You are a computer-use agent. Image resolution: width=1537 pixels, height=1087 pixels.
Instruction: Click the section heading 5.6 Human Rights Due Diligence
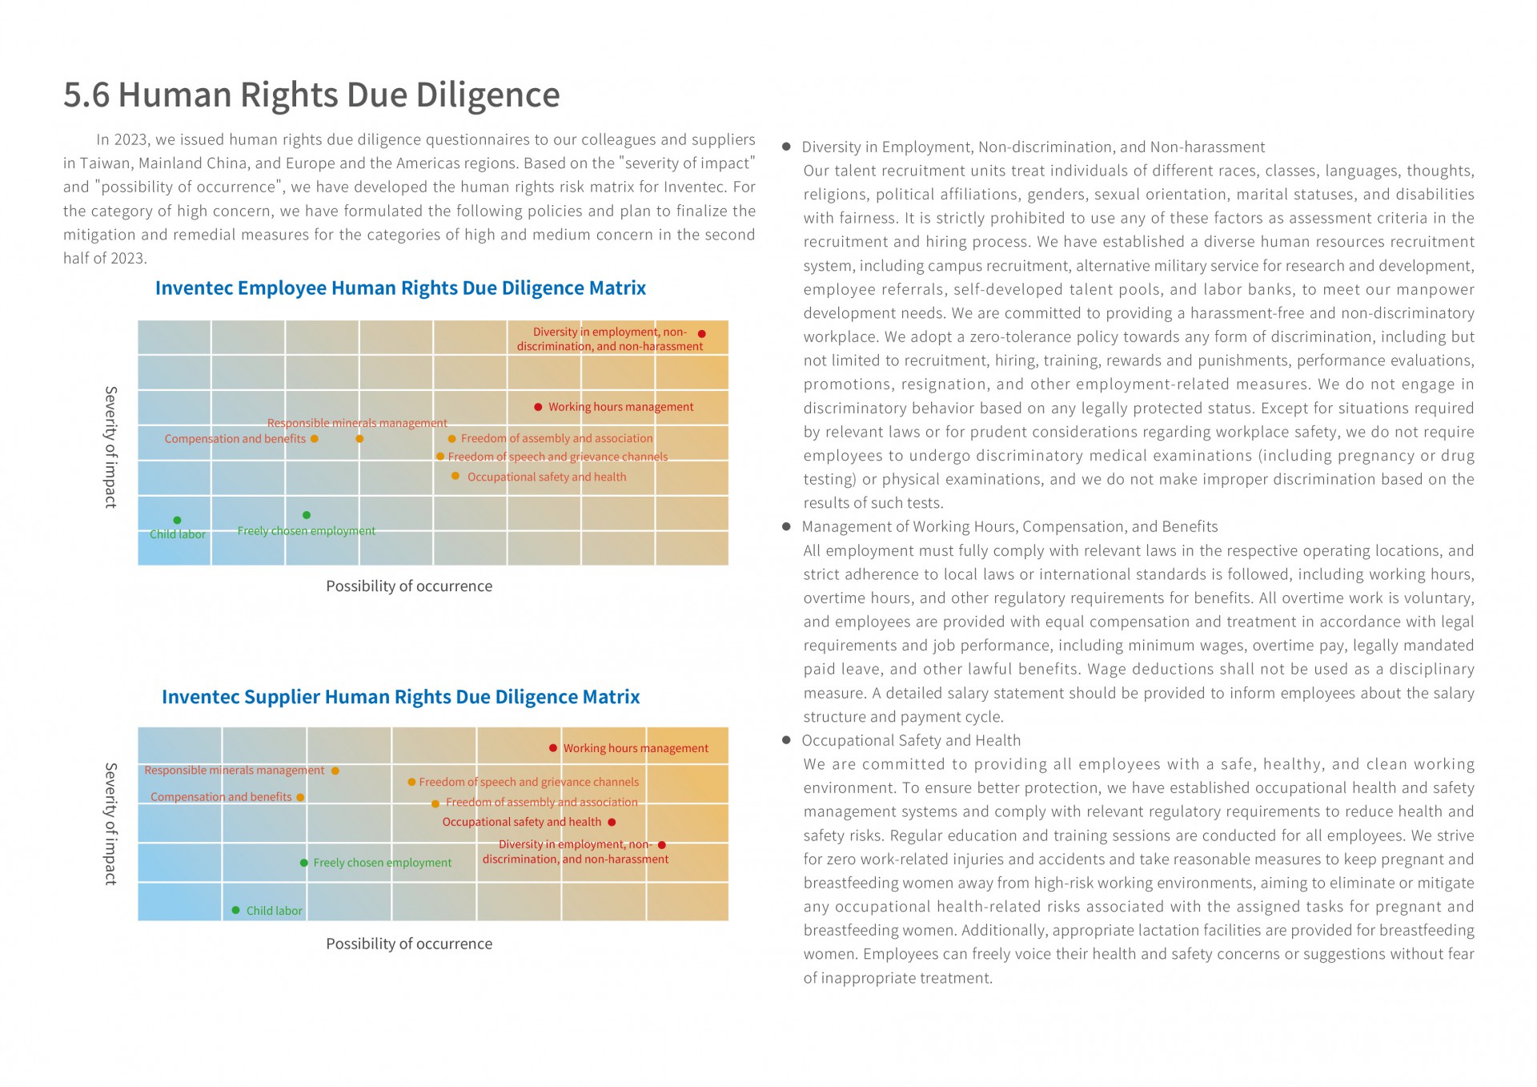tap(311, 95)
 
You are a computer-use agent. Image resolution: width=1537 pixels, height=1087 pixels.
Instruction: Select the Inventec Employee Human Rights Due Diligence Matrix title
tap(400, 288)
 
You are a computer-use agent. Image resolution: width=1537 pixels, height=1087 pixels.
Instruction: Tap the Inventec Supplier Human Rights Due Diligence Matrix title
tap(400, 697)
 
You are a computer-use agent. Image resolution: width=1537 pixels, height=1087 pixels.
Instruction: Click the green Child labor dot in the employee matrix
tap(177, 521)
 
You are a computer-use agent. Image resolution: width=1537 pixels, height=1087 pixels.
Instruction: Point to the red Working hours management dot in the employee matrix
tap(538, 407)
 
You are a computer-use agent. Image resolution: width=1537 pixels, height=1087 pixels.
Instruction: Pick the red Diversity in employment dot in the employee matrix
tap(702, 334)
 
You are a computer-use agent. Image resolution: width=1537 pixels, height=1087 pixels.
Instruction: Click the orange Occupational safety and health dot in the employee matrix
tap(455, 476)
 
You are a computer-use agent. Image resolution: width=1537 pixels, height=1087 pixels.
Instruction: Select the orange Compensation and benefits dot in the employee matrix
tap(315, 439)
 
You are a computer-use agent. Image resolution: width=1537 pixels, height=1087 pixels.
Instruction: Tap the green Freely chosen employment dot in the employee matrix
tap(307, 515)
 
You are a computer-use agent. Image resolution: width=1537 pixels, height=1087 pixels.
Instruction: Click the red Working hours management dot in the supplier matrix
tap(553, 748)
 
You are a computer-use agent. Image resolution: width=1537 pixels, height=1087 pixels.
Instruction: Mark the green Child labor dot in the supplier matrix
tap(235, 910)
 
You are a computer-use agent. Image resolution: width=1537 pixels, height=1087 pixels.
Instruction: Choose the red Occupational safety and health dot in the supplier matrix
tap(612, 822)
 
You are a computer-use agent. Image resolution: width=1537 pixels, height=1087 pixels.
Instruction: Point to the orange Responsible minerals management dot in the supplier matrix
tap(335, 771)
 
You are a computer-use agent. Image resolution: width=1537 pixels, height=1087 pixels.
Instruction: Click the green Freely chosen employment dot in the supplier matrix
tap(304, 863)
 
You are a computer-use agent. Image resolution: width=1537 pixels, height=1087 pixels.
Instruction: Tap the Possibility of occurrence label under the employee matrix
tap(409, 586)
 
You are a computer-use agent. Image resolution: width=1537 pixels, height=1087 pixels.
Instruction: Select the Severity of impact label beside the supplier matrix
tap(110, 823)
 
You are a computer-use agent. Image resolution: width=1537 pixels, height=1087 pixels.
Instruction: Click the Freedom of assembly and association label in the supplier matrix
tap(542, 802)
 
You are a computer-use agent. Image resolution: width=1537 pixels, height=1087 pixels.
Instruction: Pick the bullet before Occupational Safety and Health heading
tap(786, 740)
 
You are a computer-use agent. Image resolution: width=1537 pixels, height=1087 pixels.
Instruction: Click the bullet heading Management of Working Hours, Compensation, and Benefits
tap(1009, 526)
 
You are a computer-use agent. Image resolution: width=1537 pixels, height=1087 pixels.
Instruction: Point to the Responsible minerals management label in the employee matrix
tap(357, 423)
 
